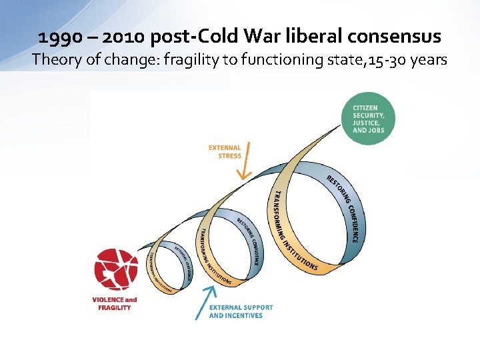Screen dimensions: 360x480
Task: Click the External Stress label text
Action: pos(225,151)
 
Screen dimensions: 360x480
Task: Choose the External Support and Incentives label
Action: pos(241,311)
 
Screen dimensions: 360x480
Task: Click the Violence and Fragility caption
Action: pos(114,303)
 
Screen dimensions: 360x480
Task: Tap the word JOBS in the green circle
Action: pos(377,130)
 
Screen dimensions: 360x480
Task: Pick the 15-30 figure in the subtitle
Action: pos(380,60)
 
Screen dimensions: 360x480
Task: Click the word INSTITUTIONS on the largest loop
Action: pos(297,253)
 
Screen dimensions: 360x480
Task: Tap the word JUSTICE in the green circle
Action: pos(366,123)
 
